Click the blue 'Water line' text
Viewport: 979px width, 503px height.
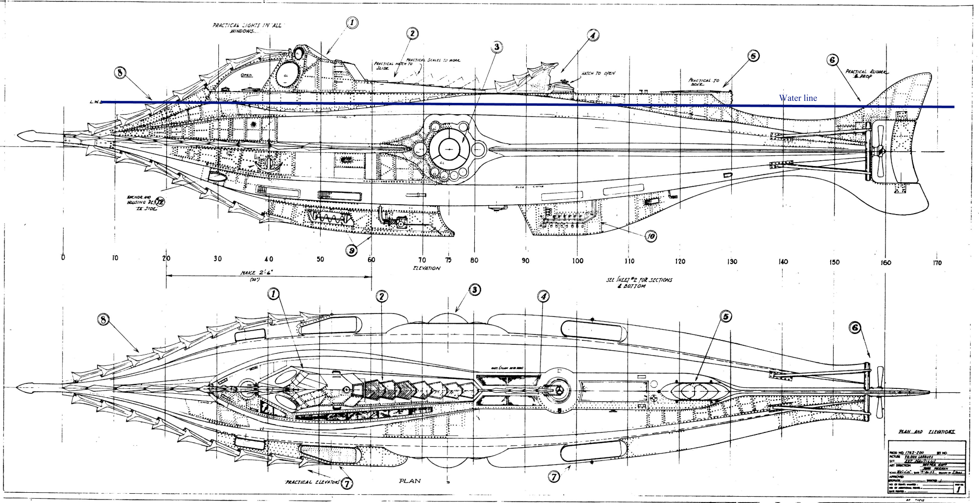[x=798, y=98]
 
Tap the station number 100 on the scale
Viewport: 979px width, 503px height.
[x=578, y=261]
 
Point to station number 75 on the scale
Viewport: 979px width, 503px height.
[x=448, y=260]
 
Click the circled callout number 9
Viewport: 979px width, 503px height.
[x=351, y=250]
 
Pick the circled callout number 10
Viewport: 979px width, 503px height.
[x=651, y=237]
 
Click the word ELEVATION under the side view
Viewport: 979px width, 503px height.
[x=427, y=268]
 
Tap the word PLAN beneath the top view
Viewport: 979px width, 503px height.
[x=410, y=480]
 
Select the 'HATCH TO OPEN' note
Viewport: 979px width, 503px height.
[x=598, y=73]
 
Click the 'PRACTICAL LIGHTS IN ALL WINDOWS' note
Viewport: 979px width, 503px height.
[x=247, y=28]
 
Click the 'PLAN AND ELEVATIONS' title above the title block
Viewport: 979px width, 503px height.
[x=926, y=432]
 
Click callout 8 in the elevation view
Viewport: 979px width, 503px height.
[x=120, y=73]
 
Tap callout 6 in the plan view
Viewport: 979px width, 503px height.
[x=855, y=328]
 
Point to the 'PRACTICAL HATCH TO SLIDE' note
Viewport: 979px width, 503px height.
[x=393, y=66]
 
